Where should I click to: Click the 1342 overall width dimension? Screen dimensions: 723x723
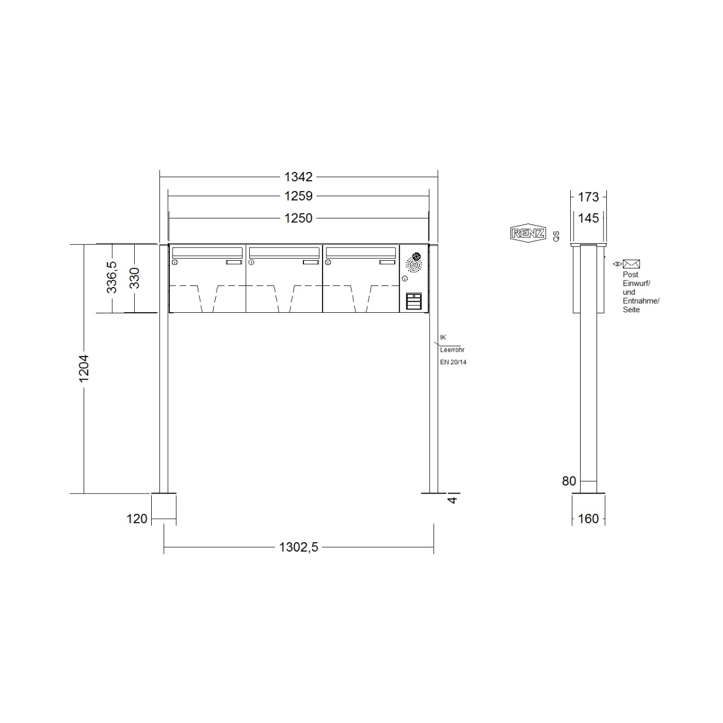pos(298,177)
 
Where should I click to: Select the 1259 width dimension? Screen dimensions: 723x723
pos(298,196)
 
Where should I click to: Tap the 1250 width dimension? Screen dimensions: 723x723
pos(298,218)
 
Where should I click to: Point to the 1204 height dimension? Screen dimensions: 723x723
pos(84,368)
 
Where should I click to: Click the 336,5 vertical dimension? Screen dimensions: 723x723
pos(112,277)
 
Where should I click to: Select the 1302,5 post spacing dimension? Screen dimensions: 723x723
pos(299,547)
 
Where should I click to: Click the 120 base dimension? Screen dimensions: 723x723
pos(137,518)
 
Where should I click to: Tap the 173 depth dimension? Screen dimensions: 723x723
pos(588,196)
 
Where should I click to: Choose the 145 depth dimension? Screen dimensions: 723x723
pos(588,218)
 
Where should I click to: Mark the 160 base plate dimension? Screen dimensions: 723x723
pos(588,518)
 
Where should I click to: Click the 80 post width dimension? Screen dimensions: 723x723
pos(569,481)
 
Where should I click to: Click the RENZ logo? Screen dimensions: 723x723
pos(528,233)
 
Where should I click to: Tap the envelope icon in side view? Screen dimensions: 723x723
pos(632,264)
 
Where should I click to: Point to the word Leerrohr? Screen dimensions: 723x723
pos(452,349)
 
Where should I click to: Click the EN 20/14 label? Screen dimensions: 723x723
pos(453,362)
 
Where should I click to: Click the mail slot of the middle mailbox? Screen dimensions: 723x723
pos(284,253)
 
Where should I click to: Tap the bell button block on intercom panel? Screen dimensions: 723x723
pos(414,301)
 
